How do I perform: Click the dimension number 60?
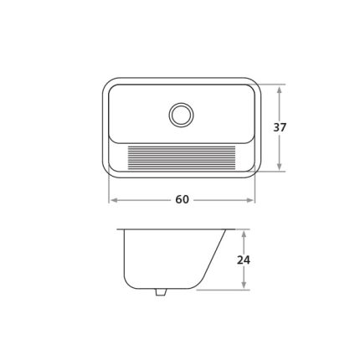(182, 199)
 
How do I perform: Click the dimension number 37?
(280, 127)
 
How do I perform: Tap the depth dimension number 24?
(244, 260)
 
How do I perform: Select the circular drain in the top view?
(181, 115)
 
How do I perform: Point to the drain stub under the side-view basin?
(160, 292)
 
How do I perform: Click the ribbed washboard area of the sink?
(182, 157)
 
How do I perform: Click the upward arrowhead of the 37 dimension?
(280, 90)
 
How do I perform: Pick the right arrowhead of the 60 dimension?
(249, 200)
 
